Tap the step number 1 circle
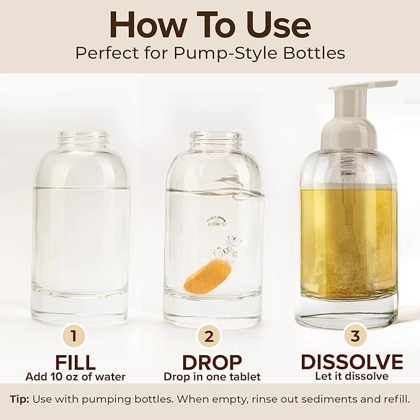pos(74,337)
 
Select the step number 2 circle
pos(208,337)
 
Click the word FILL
pos(74,362)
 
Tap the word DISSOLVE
pos(351,362)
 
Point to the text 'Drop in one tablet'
pos(212,376)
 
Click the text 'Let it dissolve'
pos(351,376)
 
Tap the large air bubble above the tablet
pos(216,221)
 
